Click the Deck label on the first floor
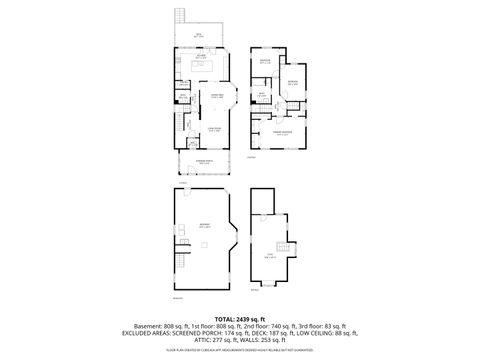199,35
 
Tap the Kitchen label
201,57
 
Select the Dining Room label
202,96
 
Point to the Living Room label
200,129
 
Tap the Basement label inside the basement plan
204,226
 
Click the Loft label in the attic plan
269,257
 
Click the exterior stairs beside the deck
181,19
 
